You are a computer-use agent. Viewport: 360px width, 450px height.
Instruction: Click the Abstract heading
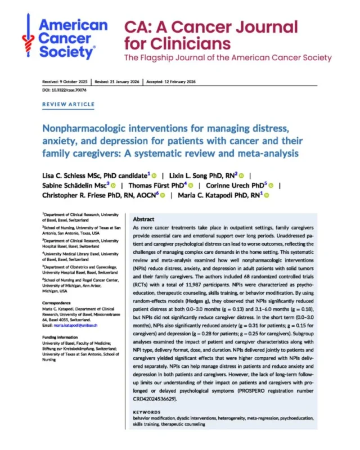145,219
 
